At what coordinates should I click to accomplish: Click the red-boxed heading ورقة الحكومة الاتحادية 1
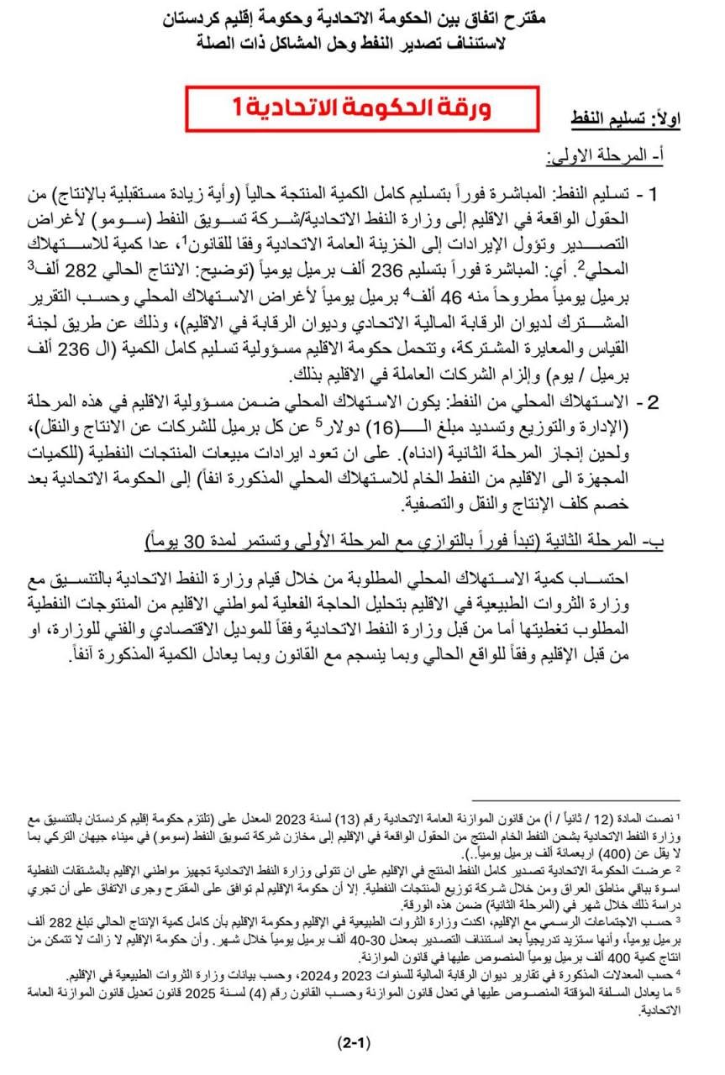click(x=361, y=107)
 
